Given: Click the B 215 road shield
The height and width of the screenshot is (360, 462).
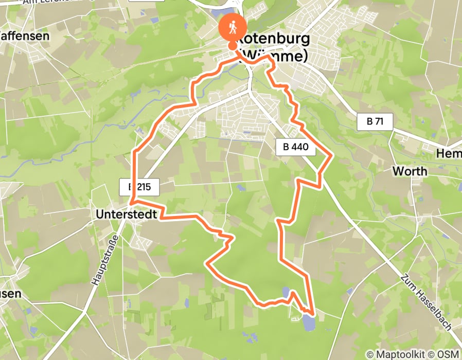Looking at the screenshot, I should (140, 187).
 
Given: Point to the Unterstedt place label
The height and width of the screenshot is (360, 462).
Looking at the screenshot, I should (126, 214).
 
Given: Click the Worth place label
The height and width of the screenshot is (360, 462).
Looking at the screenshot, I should (410, 171).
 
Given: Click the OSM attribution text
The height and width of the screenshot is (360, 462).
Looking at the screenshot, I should (448, 354).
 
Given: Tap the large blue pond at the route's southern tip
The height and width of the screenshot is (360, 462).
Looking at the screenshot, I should (308, 322).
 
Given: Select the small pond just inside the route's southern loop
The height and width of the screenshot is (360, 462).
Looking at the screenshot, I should (286, 293).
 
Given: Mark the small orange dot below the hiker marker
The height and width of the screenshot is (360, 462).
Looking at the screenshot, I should (233, 46).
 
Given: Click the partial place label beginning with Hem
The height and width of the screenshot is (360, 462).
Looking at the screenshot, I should (448, 154).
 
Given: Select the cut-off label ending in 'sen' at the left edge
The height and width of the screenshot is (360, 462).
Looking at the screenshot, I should (10, 294).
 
